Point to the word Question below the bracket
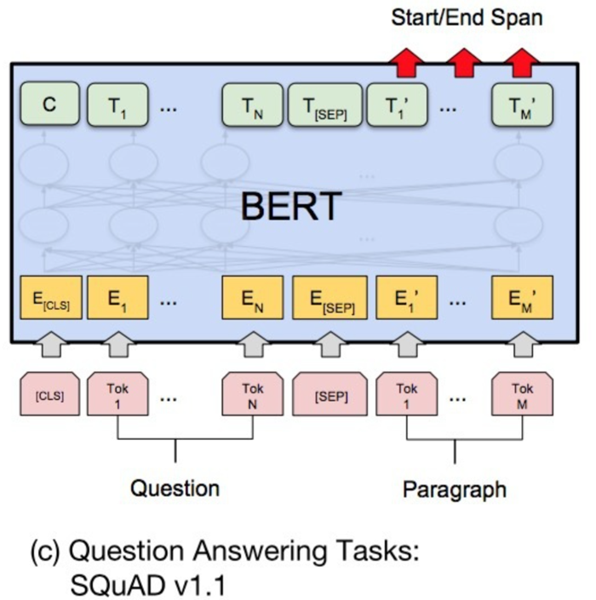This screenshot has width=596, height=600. (x=175, y=489)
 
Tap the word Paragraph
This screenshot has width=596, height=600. (x=454, y=489)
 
